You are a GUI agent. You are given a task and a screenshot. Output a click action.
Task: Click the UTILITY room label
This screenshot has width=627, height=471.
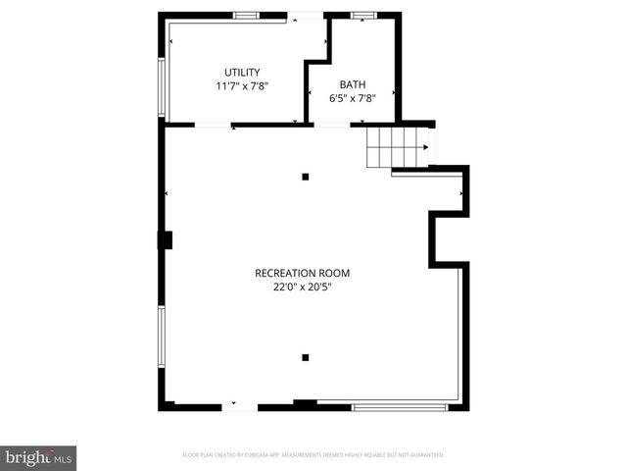click(242, 72)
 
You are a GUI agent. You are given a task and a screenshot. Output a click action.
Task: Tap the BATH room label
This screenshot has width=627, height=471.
click(352, 84)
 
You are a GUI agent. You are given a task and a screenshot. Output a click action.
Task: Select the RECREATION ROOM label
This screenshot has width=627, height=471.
click(302, 273)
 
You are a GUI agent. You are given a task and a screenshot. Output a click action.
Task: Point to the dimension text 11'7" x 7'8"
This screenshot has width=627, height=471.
click(242, 86)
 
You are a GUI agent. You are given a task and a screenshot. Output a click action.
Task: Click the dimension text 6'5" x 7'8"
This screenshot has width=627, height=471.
click(352, 98)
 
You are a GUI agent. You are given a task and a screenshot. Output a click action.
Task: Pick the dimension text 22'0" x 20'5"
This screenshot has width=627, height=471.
click(302, 288)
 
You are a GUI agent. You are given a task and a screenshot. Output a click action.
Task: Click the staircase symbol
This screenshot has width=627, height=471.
click(398, 148)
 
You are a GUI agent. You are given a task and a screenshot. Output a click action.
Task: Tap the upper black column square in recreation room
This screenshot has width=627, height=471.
click(306, 177)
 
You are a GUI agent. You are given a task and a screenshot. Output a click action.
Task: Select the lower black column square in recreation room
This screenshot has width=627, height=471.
click(306, 357)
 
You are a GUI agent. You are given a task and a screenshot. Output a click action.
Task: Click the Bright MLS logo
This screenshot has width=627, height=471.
click(39, 457)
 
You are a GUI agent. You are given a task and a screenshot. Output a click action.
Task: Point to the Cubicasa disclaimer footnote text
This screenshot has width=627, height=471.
click(313, 455)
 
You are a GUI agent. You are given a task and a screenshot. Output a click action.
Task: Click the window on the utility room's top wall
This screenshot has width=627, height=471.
click(246, 15)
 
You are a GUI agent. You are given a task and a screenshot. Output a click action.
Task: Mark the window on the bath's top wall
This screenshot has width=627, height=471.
click(364, 15)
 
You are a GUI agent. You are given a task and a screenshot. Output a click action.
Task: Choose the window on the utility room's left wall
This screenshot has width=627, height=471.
click(162, 88)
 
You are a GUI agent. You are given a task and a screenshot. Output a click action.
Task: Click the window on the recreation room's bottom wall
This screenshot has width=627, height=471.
click(400, 406)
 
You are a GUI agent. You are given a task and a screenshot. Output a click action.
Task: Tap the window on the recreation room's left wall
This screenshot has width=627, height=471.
click(162, 339)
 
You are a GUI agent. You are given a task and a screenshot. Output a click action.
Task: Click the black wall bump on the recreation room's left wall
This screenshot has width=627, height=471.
click(165, 238)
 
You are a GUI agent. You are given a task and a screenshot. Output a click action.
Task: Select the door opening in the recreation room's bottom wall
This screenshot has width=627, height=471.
click(240, 406)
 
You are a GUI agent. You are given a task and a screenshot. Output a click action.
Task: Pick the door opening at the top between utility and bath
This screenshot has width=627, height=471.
click(305, 15)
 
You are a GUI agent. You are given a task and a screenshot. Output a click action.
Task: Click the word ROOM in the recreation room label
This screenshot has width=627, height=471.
click(333, 273)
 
